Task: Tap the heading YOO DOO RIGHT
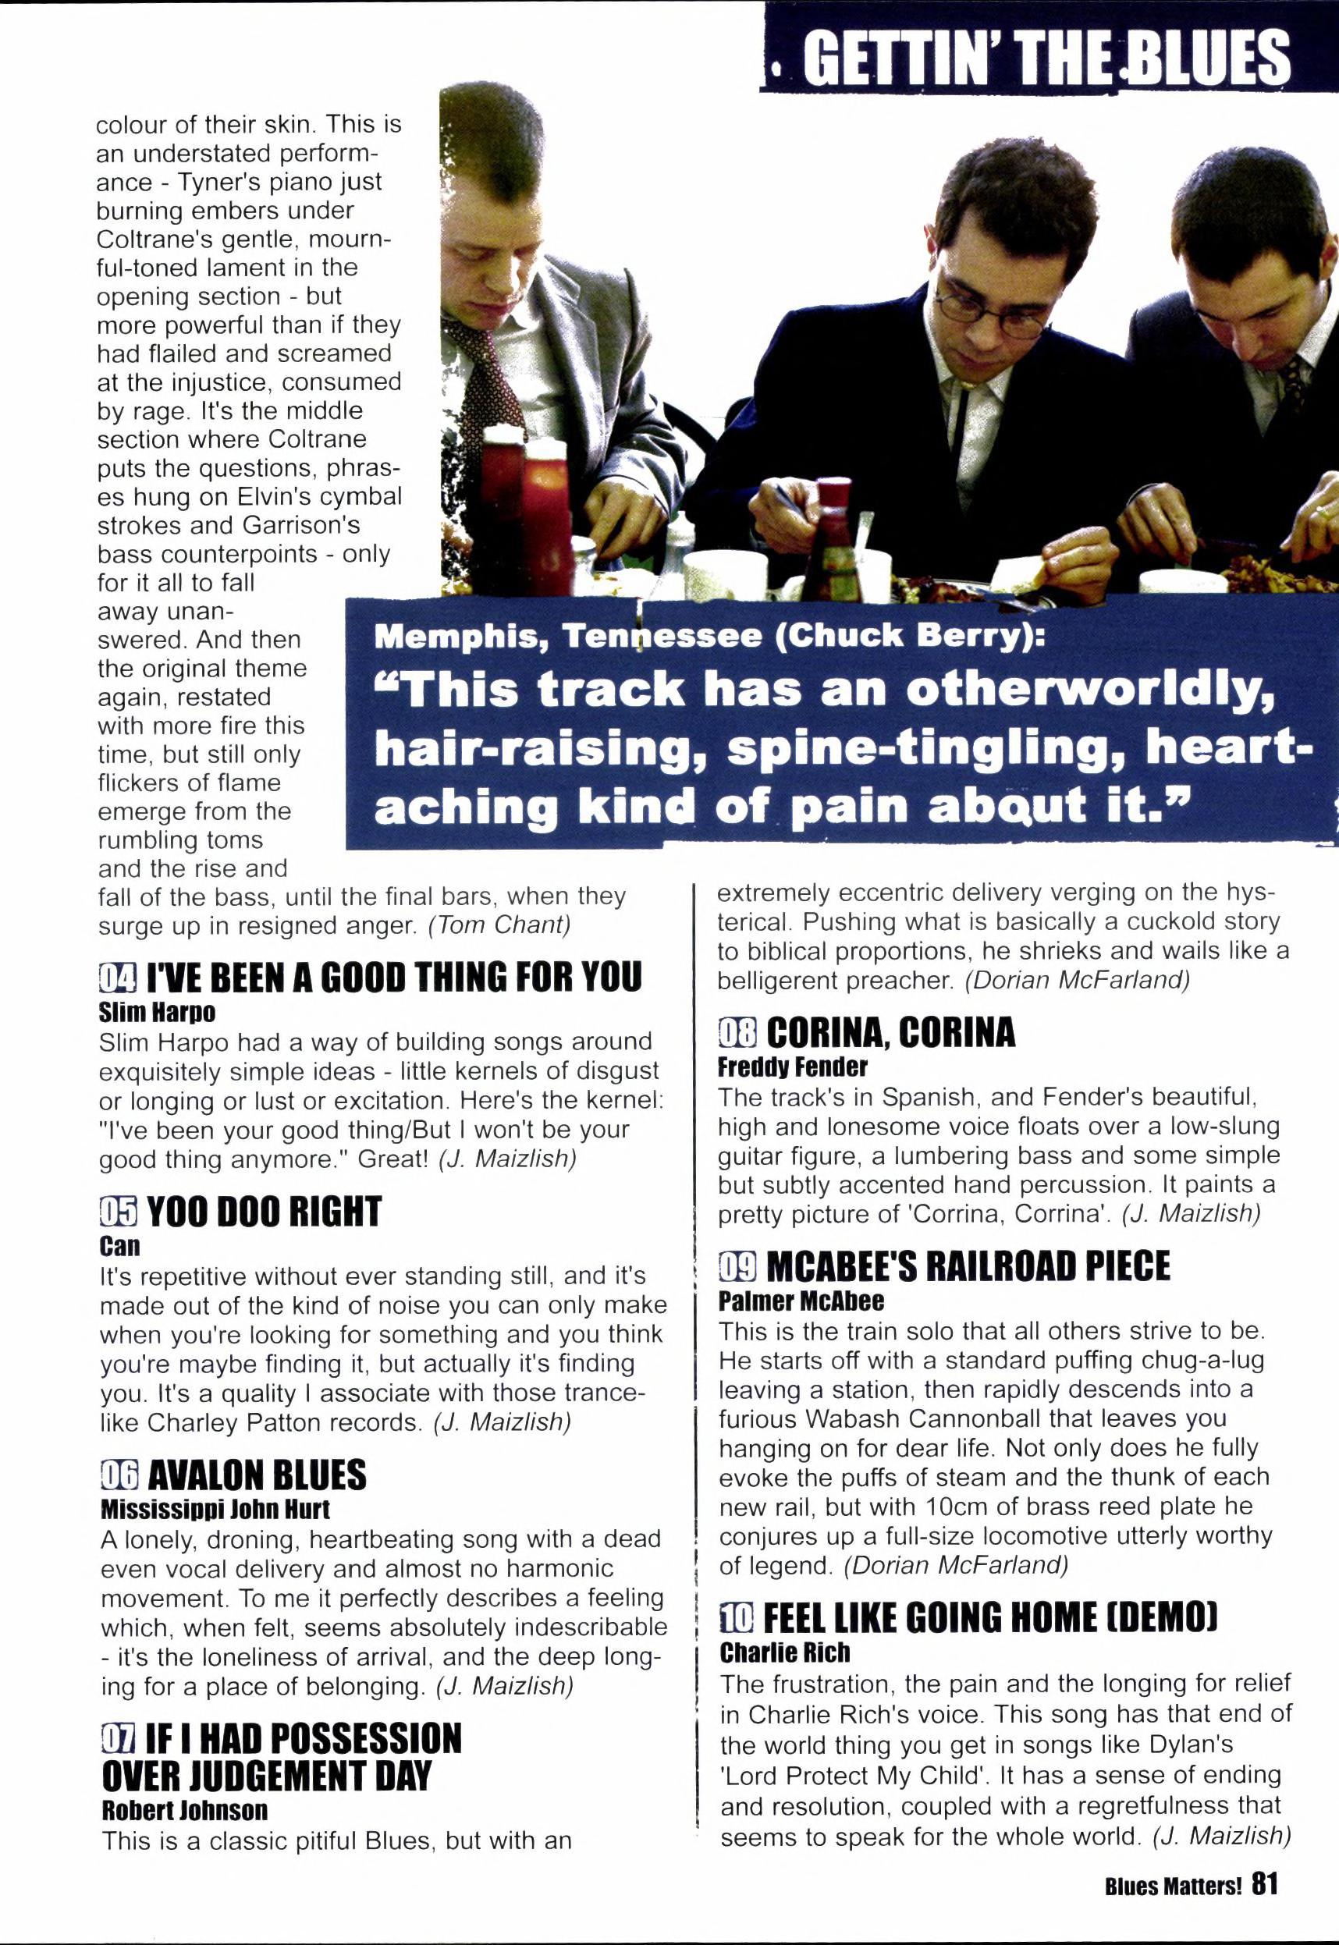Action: [x=264, y=1212]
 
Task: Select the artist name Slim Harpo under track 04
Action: [x=157, y=1013]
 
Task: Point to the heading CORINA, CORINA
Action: [x=890, y=1032]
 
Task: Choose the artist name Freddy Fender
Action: [x=793, y=1067]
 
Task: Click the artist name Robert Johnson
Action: [x=185, y=1810]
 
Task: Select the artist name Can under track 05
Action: [x=120, y=1245]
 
